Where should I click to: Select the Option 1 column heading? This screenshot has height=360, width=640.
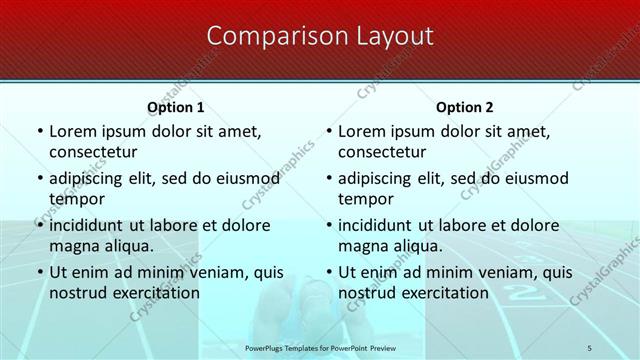[x=175, y=107]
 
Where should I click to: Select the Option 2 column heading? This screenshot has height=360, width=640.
[x=465, y=107]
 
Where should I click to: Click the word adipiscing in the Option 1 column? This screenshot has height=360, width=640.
[x=94, y=178]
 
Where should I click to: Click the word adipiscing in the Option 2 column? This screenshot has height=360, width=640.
[x=384, y=178]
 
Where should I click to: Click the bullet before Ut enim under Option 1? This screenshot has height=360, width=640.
[x=38, y=272]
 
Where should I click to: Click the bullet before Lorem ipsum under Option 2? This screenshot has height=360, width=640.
[x=328, y=131]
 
